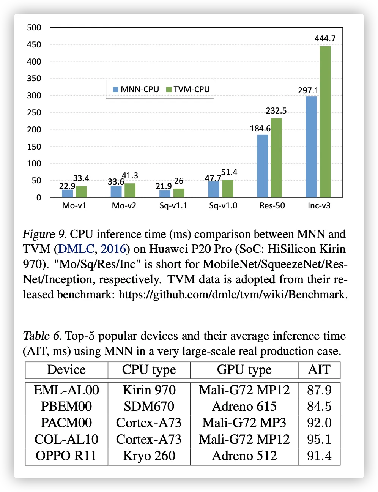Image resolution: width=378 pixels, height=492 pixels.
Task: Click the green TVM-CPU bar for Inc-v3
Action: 325,121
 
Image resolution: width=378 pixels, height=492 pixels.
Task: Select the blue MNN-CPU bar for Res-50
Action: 262,166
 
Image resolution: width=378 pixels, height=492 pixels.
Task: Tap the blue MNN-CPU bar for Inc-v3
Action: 311,147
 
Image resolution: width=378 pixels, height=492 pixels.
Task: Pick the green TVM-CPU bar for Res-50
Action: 276,158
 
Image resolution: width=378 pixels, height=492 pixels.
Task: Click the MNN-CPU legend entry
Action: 136,90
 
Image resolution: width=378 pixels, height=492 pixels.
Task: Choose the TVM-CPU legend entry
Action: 188,90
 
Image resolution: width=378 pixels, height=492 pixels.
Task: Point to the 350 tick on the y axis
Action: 34,79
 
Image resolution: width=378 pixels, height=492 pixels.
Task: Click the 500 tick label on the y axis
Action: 34,28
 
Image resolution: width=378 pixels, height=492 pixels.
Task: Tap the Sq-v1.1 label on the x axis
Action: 173,206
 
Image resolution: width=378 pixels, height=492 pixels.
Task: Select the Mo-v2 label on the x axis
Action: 124,206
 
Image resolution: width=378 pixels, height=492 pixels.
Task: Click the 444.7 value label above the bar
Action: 325,39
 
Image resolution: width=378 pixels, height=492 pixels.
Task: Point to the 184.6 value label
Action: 260,129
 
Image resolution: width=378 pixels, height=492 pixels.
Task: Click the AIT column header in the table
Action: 319,370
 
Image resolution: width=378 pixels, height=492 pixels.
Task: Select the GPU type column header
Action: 244,370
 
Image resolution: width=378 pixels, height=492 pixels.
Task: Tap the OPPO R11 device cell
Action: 66,456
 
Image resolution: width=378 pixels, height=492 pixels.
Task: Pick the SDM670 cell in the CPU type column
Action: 149,406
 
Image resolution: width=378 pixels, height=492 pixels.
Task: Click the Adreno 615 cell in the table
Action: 244,406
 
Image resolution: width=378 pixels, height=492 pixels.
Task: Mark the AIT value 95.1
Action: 319,439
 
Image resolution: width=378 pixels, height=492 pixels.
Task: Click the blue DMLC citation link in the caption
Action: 76,249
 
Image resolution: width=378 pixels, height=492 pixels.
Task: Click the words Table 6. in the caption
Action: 42,336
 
